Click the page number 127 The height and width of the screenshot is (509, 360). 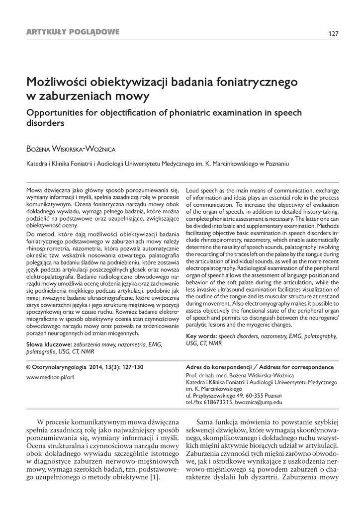333,33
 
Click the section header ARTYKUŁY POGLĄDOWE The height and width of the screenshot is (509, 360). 73,32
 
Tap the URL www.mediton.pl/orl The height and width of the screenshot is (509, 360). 50,377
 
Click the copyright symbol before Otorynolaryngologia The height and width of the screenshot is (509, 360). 28,367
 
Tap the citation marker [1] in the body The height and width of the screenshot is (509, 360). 155,478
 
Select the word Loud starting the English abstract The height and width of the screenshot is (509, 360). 193,190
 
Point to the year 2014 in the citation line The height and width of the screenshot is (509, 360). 97,367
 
